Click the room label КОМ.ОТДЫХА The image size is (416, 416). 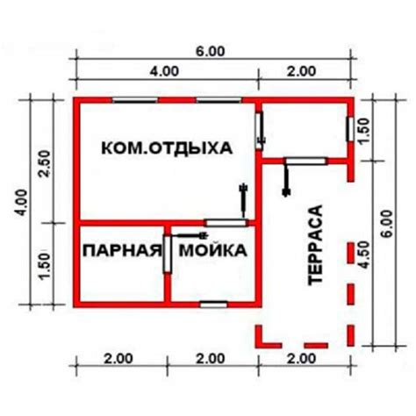pos(167,148)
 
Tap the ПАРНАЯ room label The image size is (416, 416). pos(122,251)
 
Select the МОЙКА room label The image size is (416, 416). pos(213,251)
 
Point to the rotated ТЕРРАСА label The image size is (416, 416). pos(315,245)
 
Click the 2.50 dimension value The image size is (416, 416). pos(47,163)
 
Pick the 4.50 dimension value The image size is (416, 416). pos(364,255)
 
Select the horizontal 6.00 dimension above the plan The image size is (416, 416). pos(211,52)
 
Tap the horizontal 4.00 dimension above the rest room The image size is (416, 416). pos(164,71)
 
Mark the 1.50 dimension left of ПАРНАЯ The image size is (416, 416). pos(46,266)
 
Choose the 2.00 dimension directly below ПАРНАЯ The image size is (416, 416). pos(118,358)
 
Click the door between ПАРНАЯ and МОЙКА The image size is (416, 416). pos(168,254)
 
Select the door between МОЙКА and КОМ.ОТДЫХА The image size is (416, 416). pos(226,223)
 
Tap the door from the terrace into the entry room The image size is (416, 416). pos(305,161)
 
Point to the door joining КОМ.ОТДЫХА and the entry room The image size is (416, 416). pos(259,131)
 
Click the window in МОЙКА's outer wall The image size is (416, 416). pos(214,305)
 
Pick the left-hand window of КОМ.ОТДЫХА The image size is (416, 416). pos(135,101)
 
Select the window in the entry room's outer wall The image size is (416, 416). pos(350,129)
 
